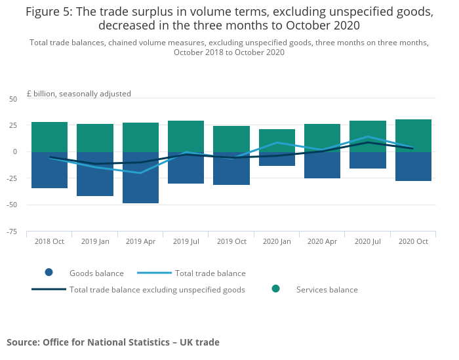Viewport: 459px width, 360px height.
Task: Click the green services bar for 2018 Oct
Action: (49, 137)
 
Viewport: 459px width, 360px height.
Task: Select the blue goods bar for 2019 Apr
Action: (140, 177)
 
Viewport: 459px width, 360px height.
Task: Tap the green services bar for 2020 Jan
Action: (277, 140)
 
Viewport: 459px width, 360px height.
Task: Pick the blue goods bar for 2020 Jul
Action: (368, 160)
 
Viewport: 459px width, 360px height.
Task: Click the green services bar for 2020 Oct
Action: (413, 136)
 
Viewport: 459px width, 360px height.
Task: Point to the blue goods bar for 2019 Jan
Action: (95, 174)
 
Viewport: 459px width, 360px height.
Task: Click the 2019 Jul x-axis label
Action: (186, 241)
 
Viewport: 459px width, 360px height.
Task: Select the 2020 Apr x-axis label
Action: (323, 241)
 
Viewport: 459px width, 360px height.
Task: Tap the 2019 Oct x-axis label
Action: (231, 241)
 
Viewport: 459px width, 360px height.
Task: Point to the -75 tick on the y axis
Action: (12, 232)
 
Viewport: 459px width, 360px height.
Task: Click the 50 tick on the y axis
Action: (13, 99)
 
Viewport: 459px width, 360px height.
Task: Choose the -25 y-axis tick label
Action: (12, 178)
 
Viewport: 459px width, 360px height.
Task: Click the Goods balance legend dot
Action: (49, 273)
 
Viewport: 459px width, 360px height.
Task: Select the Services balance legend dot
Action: (276, 289)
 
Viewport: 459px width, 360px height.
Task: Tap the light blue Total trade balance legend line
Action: (154, 273)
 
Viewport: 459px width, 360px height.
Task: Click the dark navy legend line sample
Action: (49, 289)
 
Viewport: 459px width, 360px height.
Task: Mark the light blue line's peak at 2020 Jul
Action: (368, 136)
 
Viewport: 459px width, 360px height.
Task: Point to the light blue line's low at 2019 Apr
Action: (140, 173)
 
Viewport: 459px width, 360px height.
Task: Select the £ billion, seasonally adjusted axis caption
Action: (79, 94)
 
